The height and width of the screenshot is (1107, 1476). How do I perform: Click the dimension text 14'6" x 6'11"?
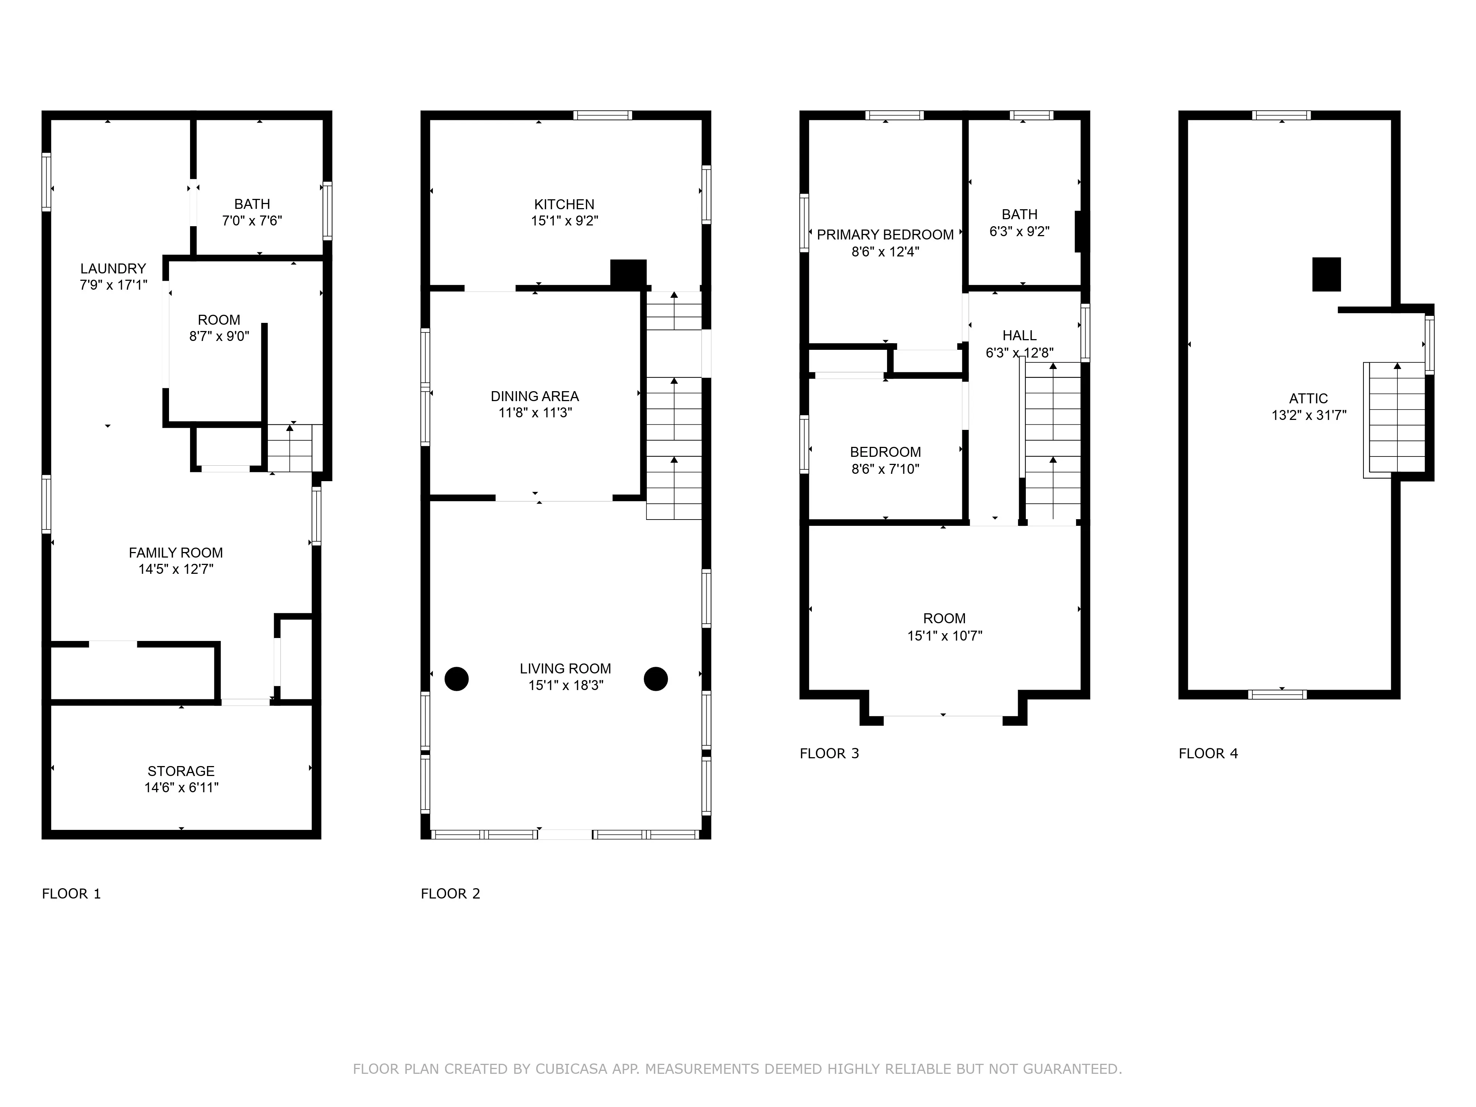pos(182,787)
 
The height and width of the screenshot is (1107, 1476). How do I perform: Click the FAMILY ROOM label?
pos(176,552)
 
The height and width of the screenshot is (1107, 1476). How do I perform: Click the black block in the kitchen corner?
pos(628,273)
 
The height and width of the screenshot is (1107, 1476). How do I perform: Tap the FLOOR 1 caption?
pos(71,893)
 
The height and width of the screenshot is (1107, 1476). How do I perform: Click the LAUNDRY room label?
pos(113,268)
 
